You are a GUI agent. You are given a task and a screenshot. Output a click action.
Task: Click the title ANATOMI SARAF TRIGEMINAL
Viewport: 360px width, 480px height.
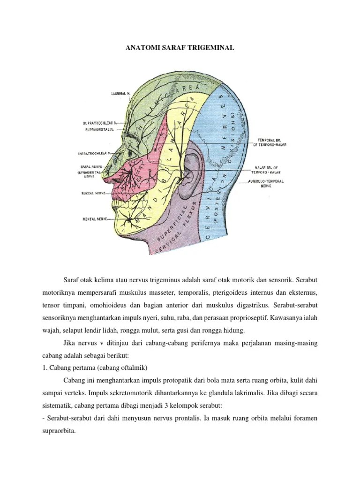tap(180, 48)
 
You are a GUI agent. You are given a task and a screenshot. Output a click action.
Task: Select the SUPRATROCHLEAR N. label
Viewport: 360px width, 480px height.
tap(97, 123)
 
